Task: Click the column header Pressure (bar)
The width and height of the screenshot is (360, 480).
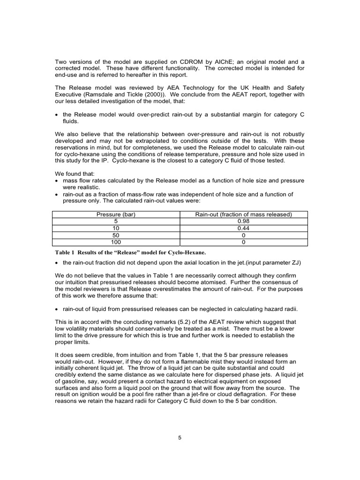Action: [x=116, y=214]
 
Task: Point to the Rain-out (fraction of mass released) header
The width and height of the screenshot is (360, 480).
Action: [x=244, y=214]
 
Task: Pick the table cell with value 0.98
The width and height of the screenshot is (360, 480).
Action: [x=244, y=221]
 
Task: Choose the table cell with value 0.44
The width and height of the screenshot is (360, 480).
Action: [x=244, y=228]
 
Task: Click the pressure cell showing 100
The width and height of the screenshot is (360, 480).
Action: [x=116, y=242]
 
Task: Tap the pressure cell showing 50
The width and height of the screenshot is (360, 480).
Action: [x=116, y=235]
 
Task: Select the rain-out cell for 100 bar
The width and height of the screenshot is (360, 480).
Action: [x=244, y=242]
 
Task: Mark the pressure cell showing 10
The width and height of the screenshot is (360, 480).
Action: [x=116, y=228]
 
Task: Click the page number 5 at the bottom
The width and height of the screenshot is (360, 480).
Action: [x=180, y=438]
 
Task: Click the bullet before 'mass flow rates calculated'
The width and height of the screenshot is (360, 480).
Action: [x=57, y=180]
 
